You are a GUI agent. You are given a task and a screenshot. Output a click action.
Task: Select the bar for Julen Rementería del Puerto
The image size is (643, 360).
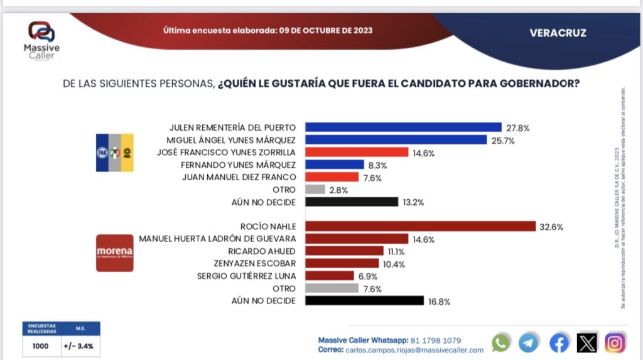pyautogui.click(x=403, y=127)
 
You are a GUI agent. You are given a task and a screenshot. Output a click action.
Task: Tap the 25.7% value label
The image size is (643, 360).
pyautogui.click(x=503, y=140)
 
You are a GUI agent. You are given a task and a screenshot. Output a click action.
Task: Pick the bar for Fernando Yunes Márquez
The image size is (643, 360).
pyautogui.click(x=334, y=165)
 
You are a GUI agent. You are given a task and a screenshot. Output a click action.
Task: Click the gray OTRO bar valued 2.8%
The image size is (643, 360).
pyautogui.click(x=315, y=189)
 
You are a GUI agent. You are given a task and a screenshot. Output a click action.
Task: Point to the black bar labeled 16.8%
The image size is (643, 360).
pyautogui.click(x=364, y=300)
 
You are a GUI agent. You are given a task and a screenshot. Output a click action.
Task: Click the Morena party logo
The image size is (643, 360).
pyautogui.click(x=115, y=253)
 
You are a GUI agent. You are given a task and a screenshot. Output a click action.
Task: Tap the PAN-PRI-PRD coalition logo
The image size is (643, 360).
pyautogui.click(x=114, y=153)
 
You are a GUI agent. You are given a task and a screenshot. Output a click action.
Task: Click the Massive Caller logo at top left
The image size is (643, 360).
pyautogui.click(x=42, y=40)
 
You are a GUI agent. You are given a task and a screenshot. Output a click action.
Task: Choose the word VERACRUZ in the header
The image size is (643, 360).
pyautogui.click(x=558, y=33)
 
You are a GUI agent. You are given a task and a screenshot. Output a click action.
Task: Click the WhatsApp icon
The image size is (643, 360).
pyautogui.click(x=501, y=342)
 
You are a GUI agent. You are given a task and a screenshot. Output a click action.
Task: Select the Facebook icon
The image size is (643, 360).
pyautogui.click(x=558, y=342)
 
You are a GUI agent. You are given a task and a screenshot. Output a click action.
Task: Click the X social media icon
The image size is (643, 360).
pyautogui.click(x=586, y=342)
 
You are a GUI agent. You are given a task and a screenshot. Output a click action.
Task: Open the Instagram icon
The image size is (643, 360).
pyautogui.click(x=615, y=342)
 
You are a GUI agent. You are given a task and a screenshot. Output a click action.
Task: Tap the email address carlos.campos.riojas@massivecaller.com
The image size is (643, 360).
pyautogui.click(x=414, y=350)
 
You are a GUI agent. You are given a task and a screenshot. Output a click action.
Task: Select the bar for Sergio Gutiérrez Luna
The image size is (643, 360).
pyautogui.click(x=329, y=276)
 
